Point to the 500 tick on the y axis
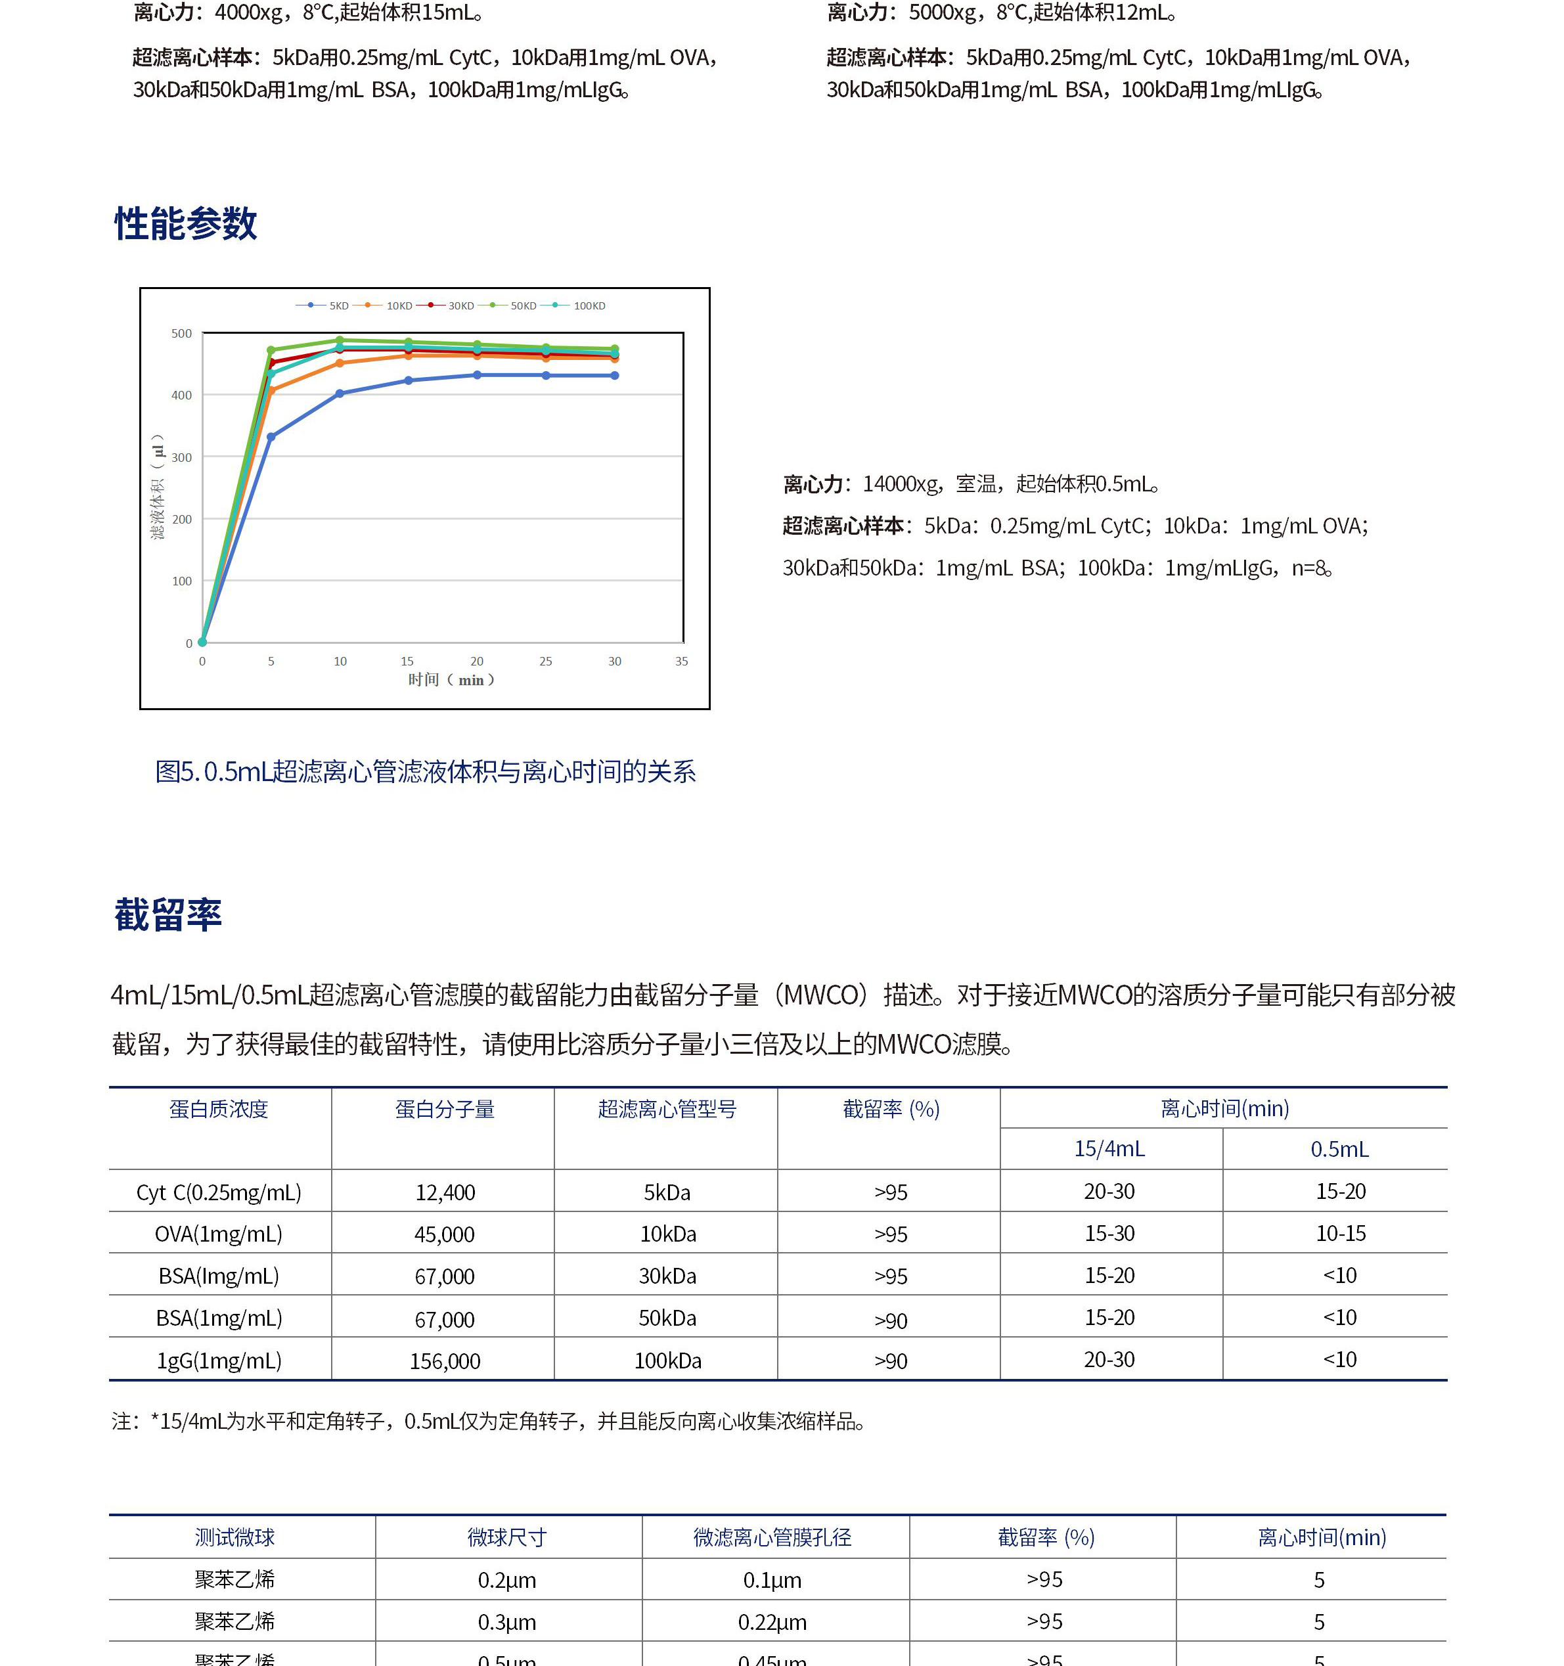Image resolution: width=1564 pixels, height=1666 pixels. pos(181,334)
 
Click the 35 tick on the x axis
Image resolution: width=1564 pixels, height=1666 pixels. pos(681,661)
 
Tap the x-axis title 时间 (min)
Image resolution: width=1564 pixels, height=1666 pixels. pos(451,680)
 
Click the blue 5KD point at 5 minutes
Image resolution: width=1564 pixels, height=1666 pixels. pos(271,437)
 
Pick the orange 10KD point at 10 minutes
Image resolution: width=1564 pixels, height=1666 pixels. pos(340,363)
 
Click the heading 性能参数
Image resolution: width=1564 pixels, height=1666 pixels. pos(185,224)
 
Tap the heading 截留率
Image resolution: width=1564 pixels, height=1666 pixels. pos(168,914)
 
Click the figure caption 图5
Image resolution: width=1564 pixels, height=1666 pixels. pos(425,771)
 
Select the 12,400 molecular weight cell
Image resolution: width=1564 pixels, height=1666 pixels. pos(445,1192)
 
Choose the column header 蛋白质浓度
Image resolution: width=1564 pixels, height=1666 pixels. pos(219,1109)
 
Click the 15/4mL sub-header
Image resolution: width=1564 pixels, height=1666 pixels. pos(1109,1148)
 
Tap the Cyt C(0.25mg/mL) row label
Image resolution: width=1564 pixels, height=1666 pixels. pos(219,1192)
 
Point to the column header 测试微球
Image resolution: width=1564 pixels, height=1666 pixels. pos(235,1537)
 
